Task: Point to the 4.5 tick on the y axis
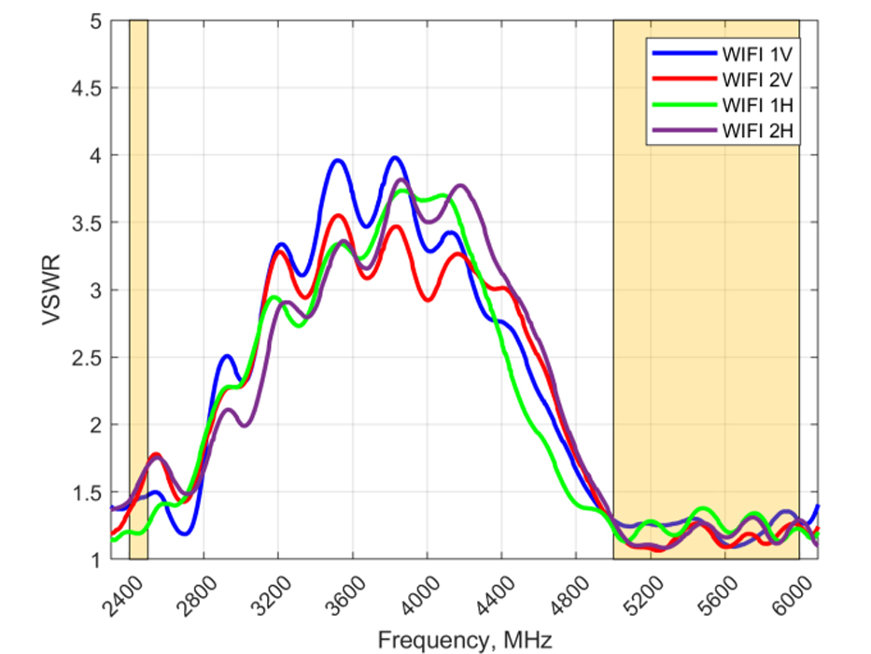coord(87,88)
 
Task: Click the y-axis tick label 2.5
coord(87,358)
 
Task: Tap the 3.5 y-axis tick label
coord(87,223)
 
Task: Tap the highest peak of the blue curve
coord(395,158)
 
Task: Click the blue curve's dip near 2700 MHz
coord(186,533)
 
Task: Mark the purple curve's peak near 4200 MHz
coord(460,186)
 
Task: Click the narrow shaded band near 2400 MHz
coord(138,290)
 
